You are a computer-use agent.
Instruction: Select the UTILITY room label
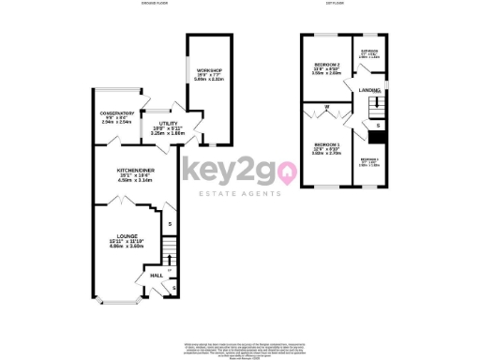(169, 124)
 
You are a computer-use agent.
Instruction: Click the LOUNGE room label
(127, 236)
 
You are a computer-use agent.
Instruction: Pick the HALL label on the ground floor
(144, 276)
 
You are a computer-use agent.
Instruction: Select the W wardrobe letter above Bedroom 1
(325, 109)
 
